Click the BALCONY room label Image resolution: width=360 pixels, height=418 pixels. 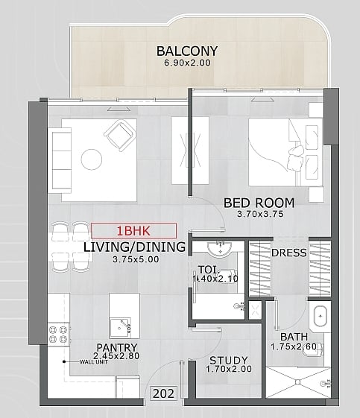coord(187,51)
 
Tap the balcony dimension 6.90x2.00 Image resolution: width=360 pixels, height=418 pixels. coord(188,63)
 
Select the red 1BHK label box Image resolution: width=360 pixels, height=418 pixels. coord(133,231)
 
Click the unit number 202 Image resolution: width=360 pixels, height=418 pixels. coord(164,393)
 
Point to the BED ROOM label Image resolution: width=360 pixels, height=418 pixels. coord(259,203)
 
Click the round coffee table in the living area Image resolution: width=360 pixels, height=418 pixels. coord(92,159)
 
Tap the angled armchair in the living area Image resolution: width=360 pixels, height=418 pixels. coord(120,136)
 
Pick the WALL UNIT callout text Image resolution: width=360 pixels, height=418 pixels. coord(94,362)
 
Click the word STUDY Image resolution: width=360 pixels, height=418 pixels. coord(229,361)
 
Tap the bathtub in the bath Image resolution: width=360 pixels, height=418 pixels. coord(320,317)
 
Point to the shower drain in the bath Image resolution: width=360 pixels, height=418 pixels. coord(297,382)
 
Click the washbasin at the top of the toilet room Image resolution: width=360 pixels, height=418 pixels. coord(220,249)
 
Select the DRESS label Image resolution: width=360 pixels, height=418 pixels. coord(288,253)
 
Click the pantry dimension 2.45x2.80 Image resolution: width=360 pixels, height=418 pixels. coord(116,356)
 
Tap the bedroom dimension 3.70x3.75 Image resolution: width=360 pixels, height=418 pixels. coord(260,214)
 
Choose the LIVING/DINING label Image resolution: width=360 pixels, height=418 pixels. coord(134,247)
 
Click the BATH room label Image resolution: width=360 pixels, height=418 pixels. coord(294,337)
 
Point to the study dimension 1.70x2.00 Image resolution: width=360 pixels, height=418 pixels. coord(229,370)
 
